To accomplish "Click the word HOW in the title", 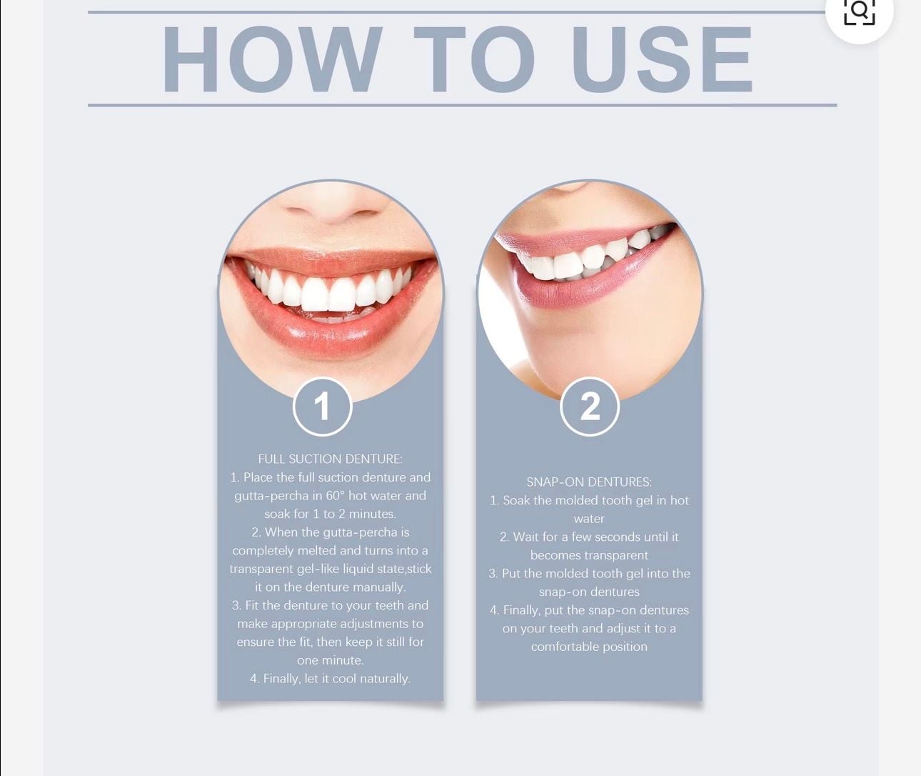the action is [x=272, y=59].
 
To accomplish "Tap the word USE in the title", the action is [x=662, y=59].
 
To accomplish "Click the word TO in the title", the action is [x=475, y=59].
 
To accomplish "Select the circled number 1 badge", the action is [x=323, y=407].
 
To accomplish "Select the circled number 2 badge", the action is [x=590, y=407].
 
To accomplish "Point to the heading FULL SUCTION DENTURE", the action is [x=330, y=459].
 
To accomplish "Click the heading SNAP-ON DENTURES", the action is [x=589, y=482].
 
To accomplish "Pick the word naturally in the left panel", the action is [x=385, y=678].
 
